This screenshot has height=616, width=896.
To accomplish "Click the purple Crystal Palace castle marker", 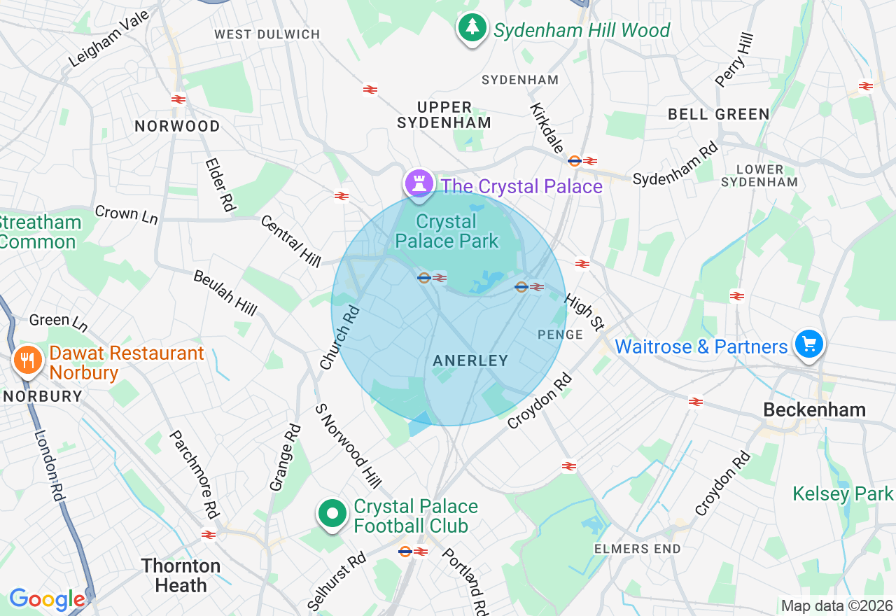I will click(419, 183).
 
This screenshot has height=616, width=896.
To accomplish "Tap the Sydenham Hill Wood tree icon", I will click(472, 28).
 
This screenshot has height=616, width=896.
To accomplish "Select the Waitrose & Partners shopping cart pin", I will click(809, 344).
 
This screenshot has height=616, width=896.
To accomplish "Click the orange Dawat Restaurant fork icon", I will click(28, 360).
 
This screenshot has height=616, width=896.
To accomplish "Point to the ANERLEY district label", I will click(470, 360).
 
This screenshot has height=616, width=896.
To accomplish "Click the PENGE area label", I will click(560, 335).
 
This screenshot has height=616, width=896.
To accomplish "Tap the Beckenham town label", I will click(814, 409).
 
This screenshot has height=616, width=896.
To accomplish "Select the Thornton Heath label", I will click(181, 575).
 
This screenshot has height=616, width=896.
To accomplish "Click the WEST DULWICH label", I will click(267, 34).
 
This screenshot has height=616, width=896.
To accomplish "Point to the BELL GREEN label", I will click(718, 114).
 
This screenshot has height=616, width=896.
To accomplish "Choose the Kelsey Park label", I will click(843, 493).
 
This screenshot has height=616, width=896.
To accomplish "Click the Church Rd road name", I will click(339, 337).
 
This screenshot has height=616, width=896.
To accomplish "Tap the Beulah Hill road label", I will click(225, 292).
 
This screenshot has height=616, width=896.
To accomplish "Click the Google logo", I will click(47, 599).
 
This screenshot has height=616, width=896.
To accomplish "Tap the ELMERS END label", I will click(637, 549).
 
